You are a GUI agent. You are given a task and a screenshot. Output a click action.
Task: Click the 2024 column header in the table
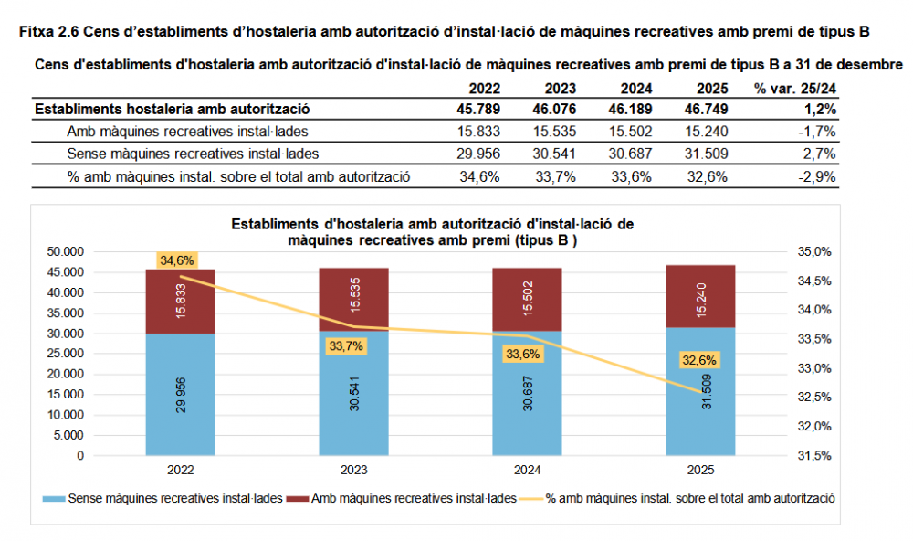tap(635, 89)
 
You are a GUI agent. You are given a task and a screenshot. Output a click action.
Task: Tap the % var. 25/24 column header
tap(795, 89)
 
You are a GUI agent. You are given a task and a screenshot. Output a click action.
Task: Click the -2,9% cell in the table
tap(817, 176)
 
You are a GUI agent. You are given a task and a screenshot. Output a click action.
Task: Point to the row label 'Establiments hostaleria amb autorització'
tap(172, 109)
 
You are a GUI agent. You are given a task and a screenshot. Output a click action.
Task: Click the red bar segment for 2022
tap(180, 302)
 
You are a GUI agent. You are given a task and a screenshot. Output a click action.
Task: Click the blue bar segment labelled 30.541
tap(353, 393)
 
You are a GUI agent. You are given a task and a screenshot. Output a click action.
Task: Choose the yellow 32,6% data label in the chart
tap(699, 360)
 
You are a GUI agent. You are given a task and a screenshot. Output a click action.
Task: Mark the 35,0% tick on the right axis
tap(815, 251)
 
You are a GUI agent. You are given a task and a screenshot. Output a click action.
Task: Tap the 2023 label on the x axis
tap(353, 471)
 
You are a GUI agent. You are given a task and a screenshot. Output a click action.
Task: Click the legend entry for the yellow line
tap(690, 498)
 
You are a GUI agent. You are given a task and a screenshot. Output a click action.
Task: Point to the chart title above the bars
tap(432, 231)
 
